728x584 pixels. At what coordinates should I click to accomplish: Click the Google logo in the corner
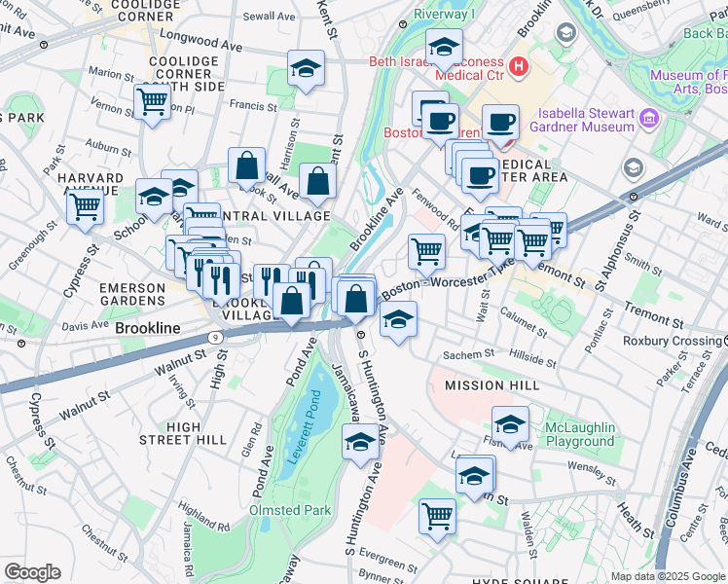pos(32,572)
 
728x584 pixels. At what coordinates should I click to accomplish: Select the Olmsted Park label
pos(290,510)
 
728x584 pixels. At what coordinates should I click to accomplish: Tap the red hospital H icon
pos(519,67)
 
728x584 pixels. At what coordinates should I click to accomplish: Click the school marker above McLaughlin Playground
pos(510,423)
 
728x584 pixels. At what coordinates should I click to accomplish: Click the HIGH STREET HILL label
pos(183,433)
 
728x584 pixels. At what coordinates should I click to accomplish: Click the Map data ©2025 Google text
pos(668,576)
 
